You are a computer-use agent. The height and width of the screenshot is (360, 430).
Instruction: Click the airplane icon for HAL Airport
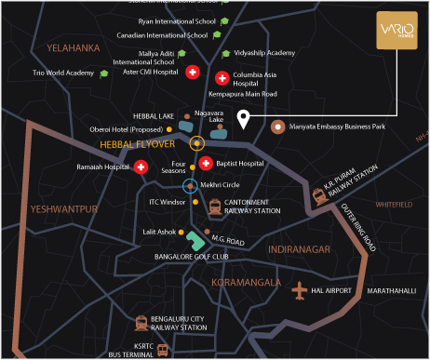300,292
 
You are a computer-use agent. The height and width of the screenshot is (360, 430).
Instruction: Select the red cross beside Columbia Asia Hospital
222,78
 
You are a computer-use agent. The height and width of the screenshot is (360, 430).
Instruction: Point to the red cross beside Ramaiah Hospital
141,167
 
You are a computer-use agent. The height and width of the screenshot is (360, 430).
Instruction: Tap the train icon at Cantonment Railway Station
215,207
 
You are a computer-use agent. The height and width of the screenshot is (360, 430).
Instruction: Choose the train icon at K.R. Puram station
319,195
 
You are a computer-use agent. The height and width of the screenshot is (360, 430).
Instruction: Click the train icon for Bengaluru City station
141,323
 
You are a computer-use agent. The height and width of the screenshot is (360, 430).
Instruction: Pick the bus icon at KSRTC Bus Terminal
163,350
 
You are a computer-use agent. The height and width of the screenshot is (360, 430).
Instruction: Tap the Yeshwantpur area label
63,209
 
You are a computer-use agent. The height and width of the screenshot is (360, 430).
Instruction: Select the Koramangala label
246,282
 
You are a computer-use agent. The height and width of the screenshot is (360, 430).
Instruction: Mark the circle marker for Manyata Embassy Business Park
275,126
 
